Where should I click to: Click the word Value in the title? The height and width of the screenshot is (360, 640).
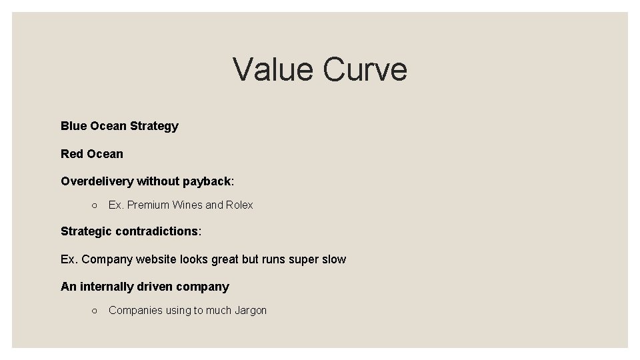[272, 69]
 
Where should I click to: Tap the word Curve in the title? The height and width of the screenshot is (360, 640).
[365, 69]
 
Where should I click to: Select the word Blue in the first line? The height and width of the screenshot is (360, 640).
[73, 126]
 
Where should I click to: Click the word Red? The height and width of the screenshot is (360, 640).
[71, 154]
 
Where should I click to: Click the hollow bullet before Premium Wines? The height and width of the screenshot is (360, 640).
[95, 205]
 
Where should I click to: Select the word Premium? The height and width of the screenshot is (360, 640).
[148, 205]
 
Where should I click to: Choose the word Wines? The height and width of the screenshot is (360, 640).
[187, 205]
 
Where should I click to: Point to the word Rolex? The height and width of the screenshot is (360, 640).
[239, 205]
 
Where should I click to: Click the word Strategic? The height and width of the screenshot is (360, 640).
[86, 231]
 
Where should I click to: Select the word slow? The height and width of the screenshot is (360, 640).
[333, 259]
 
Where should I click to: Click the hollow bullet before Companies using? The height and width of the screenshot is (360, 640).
[95, 311]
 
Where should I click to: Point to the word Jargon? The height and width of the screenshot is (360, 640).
[251, 311]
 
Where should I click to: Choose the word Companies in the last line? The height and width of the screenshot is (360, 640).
[134, 311]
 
